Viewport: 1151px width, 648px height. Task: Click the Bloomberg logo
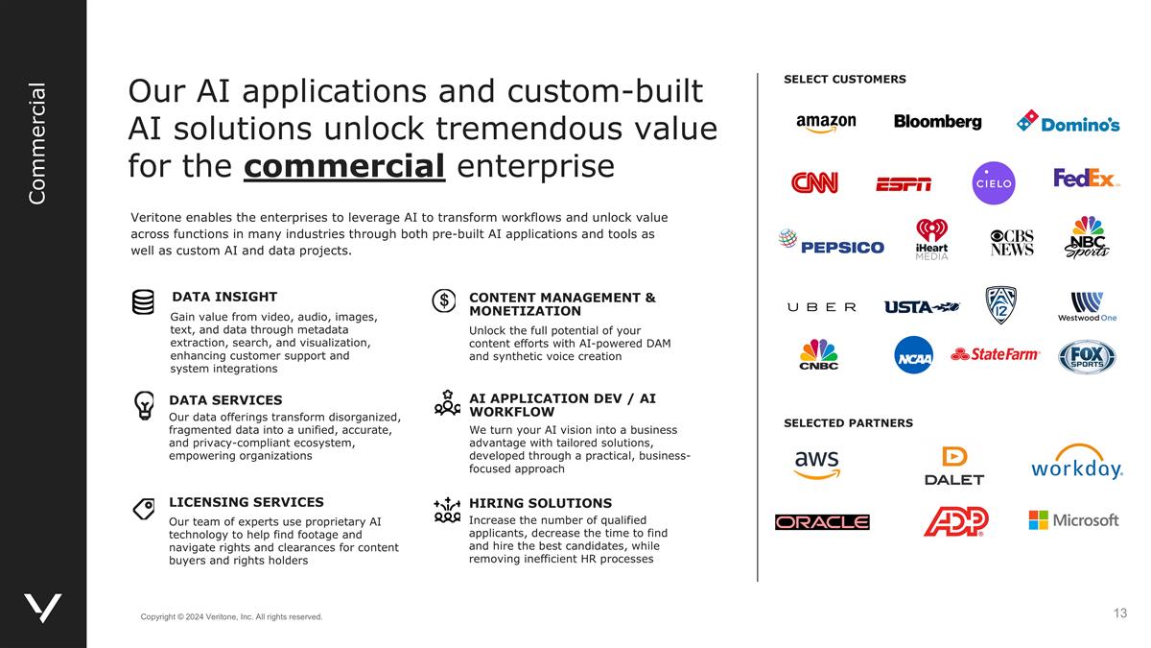[937, 122]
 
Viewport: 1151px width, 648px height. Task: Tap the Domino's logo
[1069, 122]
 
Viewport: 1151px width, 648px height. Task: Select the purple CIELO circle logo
[993, 183]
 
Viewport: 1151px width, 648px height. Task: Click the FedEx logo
[1086, 179]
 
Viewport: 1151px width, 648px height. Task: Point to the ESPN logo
[903, 184]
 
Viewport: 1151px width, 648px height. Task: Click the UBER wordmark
[822, 307]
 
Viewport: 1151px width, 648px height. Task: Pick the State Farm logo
[995, 354]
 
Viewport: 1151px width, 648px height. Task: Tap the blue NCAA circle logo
[913, 355]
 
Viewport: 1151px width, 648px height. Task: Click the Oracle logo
[822, 522]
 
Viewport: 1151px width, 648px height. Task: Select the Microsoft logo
[1073, 520]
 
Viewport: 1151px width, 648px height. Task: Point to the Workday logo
[1076, 464]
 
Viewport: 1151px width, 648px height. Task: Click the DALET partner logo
[953, 467]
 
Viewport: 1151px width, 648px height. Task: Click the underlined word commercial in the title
[344, 165]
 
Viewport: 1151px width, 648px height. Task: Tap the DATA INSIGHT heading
[224, 297]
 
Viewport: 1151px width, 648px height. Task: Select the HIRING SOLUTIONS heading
[540, 503]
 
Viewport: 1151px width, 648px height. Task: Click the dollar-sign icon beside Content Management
[444, 300]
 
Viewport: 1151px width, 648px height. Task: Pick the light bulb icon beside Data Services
[144, 406]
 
